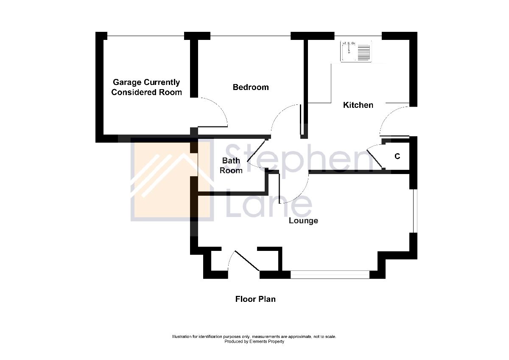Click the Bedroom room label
point(251,87)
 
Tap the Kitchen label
point(358,105)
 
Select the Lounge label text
point(303,221)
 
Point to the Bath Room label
point(232,166)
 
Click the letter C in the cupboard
point(397,157)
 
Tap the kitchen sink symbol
point(356,51)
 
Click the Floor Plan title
point(255,299)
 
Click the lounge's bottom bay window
point(330,275)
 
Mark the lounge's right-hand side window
point(414,211)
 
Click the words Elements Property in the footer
point(266,341)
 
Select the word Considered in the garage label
point(131,93)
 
